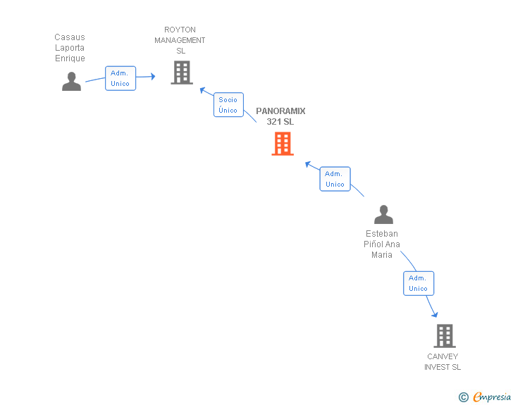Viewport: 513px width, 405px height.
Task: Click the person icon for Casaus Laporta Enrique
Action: click(x=72, y=82)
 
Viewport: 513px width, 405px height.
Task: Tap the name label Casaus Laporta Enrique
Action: click(x=70, y=48)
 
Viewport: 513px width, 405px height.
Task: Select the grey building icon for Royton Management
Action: click(x=182, y=73)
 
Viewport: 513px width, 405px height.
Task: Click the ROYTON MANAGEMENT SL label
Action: click(x=180, y=40)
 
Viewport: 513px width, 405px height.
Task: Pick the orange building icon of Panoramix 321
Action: click(x=283, y=144)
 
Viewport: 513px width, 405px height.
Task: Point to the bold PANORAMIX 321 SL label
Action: click(x=280, y=116)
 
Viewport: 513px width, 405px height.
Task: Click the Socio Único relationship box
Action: click(x=228, y=105)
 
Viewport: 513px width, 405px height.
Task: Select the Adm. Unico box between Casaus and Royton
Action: click(x=120, y=78)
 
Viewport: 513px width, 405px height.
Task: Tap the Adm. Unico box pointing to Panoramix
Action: click(x=335, y=179)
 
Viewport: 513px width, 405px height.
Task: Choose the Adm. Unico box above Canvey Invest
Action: click(x=419, y=283)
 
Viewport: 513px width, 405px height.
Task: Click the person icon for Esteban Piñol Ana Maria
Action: click(x=383, y=215)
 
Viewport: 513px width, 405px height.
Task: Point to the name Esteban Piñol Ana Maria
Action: click(x=382, y=244)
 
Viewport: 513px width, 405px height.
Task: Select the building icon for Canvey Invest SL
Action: click(x=445, y=336)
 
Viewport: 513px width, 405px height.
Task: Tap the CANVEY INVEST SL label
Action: click(x=443, y=362)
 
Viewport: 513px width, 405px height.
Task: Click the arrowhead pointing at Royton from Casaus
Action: click(x=153, y=77)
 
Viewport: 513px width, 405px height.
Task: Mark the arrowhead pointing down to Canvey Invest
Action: click(x=435, y=315)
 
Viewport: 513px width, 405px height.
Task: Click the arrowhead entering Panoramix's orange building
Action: click(x=308, y=164)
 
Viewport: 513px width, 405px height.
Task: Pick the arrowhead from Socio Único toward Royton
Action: click(x=202, y=90)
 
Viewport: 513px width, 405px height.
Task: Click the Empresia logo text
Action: click(x=492, y=397)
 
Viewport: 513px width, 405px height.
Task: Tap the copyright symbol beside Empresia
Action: click(x=464, y=397)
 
